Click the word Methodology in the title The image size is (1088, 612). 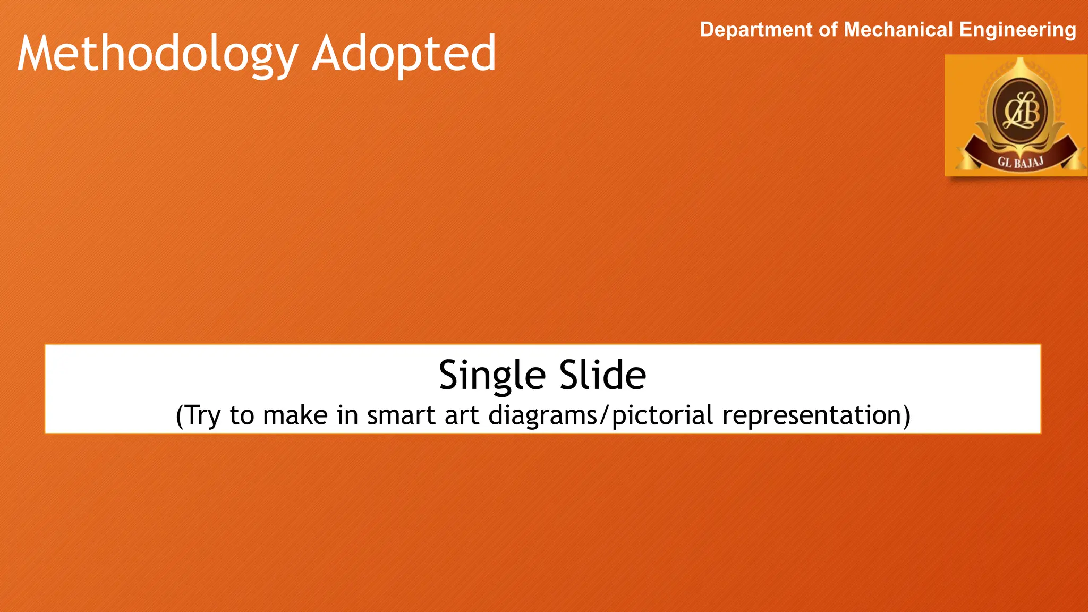157,54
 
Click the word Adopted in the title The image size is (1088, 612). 404,54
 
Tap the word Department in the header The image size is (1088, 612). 756,30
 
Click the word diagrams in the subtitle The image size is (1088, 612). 542,416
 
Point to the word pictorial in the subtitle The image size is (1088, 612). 662,416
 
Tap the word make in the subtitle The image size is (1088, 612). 295,415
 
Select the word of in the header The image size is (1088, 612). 828,30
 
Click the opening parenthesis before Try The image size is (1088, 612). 180,416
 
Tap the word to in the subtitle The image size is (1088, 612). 242,415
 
